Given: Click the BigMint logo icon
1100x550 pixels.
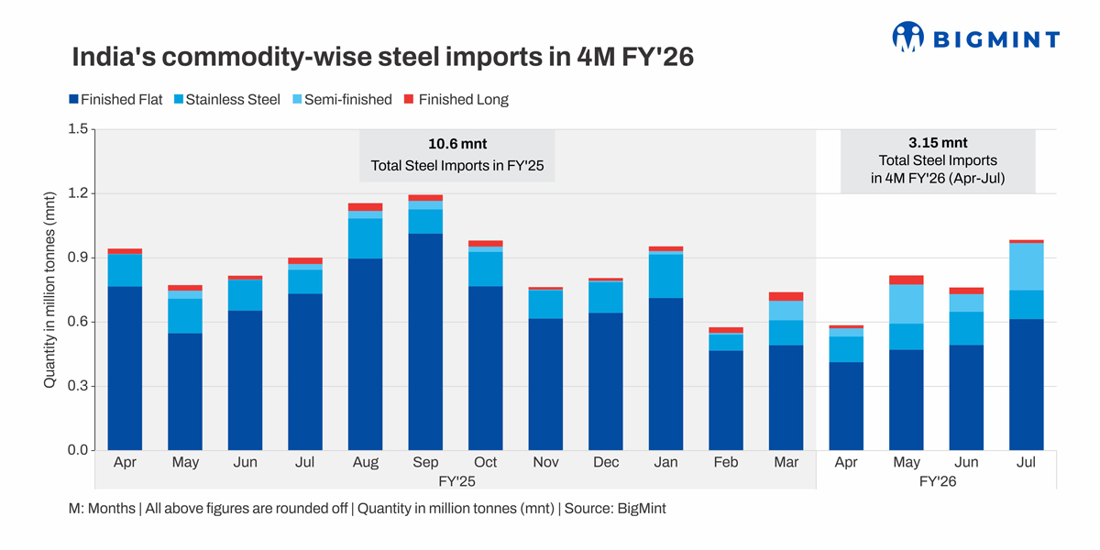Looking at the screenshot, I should [x=907, y=38].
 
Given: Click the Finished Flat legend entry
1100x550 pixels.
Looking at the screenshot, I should [x=115, y=100].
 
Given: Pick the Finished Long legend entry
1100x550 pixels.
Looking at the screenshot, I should [x=456, y=100].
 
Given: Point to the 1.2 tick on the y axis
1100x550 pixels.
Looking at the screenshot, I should [x=76, y=193].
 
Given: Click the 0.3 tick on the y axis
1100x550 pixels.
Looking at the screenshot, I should [x=76, y=386].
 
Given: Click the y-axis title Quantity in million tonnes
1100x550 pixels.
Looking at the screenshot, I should [x=50, y=289].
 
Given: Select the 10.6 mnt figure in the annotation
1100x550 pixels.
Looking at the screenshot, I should [x=456, y=144].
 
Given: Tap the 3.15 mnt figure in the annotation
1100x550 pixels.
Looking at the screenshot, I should [x=937, y=143].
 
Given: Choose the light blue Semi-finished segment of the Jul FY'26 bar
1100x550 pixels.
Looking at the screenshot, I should [x=1026, y=267].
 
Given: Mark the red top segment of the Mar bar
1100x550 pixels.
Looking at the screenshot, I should [x=786, y=296].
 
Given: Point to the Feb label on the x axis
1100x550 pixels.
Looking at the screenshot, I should [x=726, y=463].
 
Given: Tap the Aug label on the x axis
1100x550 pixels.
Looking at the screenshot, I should [x=366, y=463].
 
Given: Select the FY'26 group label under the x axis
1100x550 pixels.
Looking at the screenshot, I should [x=936, y=481].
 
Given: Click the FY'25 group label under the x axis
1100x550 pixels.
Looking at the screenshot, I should [x=456, y=481].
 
